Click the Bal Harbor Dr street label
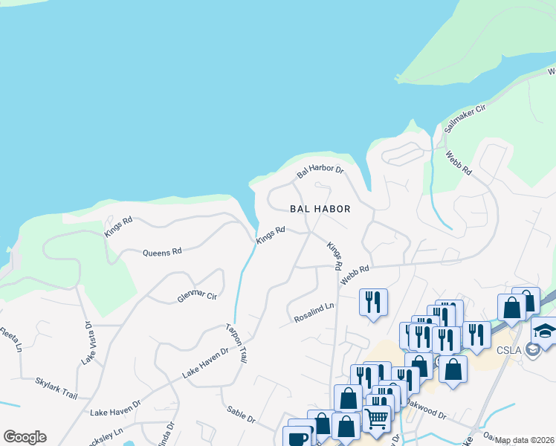coord(320,171)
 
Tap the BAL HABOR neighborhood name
coord(320,209)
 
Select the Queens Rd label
coord(162,252)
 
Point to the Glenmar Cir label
coord(196,296)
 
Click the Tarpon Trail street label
coord(236,343)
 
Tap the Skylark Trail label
coord(56,387)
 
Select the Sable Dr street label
coord(241,414)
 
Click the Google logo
coord(25,437)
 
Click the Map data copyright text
coord(524,440)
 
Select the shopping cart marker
coord(376,418)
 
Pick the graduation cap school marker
coord(545,330)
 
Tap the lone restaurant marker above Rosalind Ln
coord(372,301)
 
